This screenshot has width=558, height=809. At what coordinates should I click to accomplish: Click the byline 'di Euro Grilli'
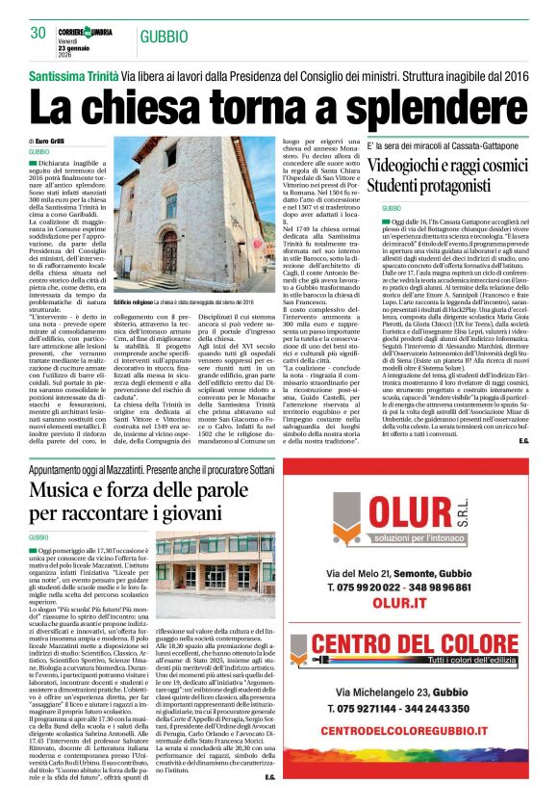49,142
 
